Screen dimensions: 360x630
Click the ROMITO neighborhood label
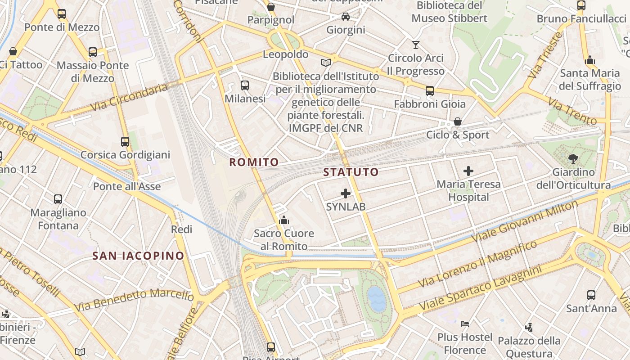coord(254,162)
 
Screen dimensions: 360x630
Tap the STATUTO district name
coord(351,172)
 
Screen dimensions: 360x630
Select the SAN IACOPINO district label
coord(138,256)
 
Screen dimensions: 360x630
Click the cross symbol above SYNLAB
coord(346,193)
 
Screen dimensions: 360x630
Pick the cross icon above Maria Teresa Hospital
coord(468,171)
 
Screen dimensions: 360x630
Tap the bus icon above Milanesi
coord(245,85)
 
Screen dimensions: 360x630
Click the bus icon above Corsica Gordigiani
coord(125,142)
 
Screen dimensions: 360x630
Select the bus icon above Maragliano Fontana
coord(58,199)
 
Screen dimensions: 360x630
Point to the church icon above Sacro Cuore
coord(284,220)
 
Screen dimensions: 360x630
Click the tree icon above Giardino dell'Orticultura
coord(573,158)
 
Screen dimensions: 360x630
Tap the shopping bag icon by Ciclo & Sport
coord(458,121)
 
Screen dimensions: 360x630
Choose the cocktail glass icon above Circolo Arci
coord(415,45)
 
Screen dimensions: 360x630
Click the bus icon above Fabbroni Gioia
coord(430,90)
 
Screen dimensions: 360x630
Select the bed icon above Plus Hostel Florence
coord(465,324)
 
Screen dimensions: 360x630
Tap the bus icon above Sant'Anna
coord(591,295)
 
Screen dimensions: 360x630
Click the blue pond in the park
coord(377,299)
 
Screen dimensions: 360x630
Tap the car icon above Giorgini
coord(345,17)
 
